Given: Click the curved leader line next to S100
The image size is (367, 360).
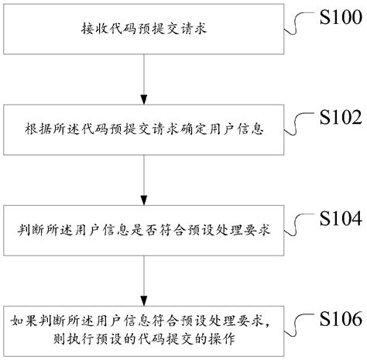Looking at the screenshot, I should [298, 23].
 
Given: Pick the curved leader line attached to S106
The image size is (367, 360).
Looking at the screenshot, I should [298, 324].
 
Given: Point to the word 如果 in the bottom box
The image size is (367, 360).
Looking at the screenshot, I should [23, 320].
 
